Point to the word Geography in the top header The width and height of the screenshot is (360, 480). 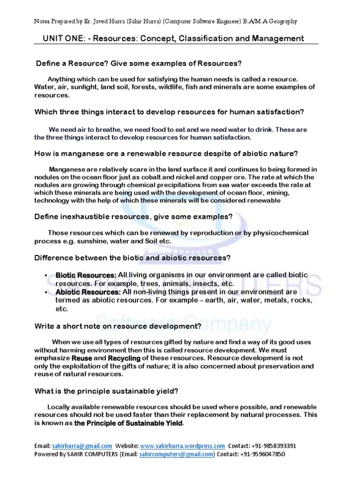(x=278, y=22)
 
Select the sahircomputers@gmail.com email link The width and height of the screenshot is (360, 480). (x=177, y=454)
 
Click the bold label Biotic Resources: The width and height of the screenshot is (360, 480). (x=86, y=275)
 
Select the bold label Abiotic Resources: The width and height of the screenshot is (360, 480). (x=88, y=292)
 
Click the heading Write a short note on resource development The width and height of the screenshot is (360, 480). (x=118, y=326)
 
